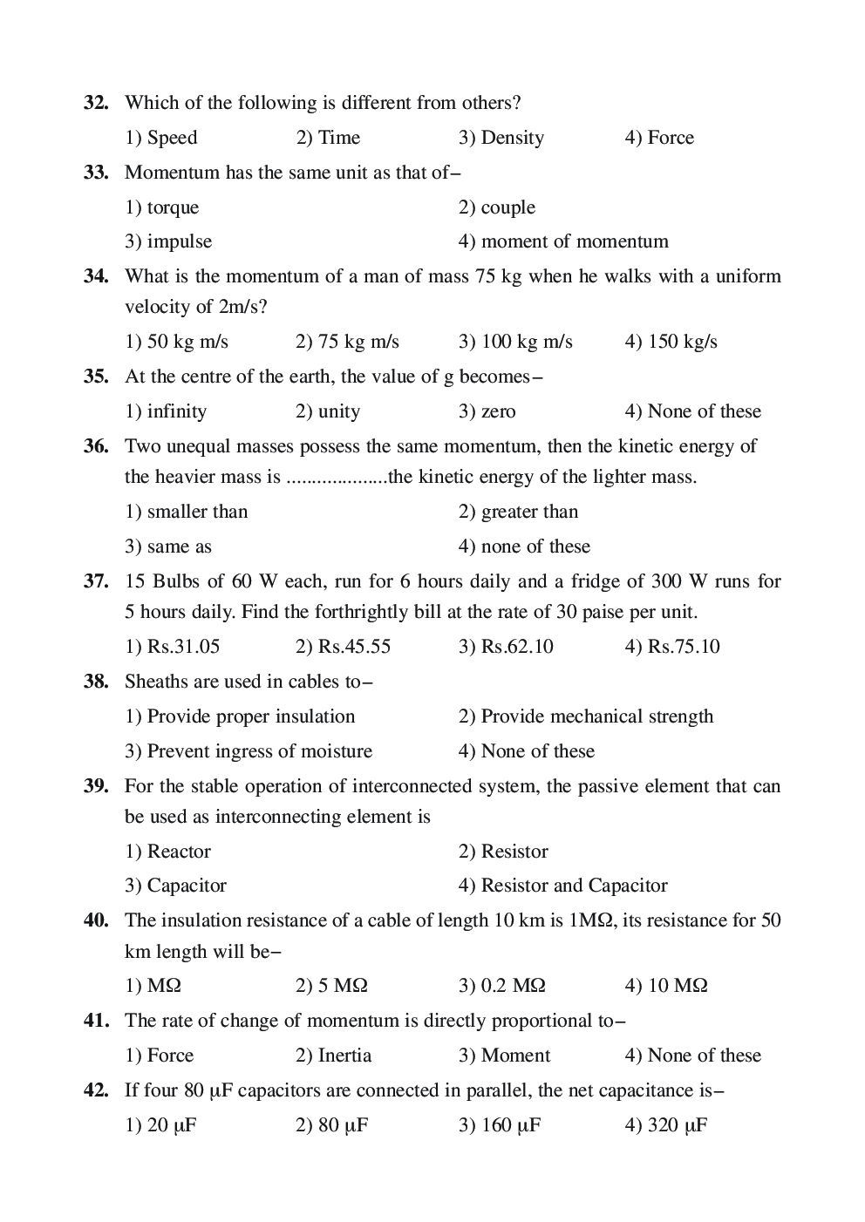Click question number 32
click(x=96, y=103)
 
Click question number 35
click(x=96, y=377)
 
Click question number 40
click(x=96, y=920)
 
